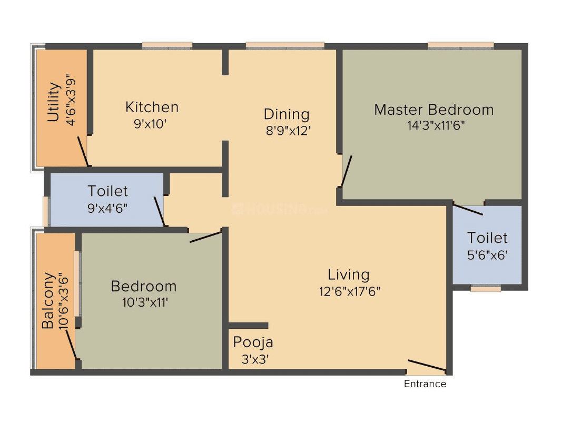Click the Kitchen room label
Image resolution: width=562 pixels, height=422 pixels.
152,107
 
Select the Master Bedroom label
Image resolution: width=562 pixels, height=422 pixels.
433,110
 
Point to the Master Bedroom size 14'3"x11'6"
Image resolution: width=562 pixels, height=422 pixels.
433,125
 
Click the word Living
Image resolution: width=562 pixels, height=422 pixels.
348,274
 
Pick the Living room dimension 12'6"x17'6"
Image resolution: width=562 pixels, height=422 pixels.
348,291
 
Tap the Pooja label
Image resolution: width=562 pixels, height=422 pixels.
253,342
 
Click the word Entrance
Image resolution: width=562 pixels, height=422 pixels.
425,384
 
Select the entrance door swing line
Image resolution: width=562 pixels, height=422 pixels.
427,366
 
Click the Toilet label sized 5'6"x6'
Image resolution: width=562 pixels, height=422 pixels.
487,238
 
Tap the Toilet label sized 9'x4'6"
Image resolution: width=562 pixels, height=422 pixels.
107,191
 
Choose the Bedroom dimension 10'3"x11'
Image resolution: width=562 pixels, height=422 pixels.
143,302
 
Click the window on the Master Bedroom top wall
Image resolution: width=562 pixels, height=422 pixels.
460,46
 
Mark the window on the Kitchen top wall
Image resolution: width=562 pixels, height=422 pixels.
167,46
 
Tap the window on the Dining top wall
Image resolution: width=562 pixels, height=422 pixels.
284,46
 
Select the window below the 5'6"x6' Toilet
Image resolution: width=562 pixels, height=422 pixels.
486,288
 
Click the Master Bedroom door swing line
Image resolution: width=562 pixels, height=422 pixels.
346,171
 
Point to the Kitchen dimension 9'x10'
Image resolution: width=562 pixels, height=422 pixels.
152,124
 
